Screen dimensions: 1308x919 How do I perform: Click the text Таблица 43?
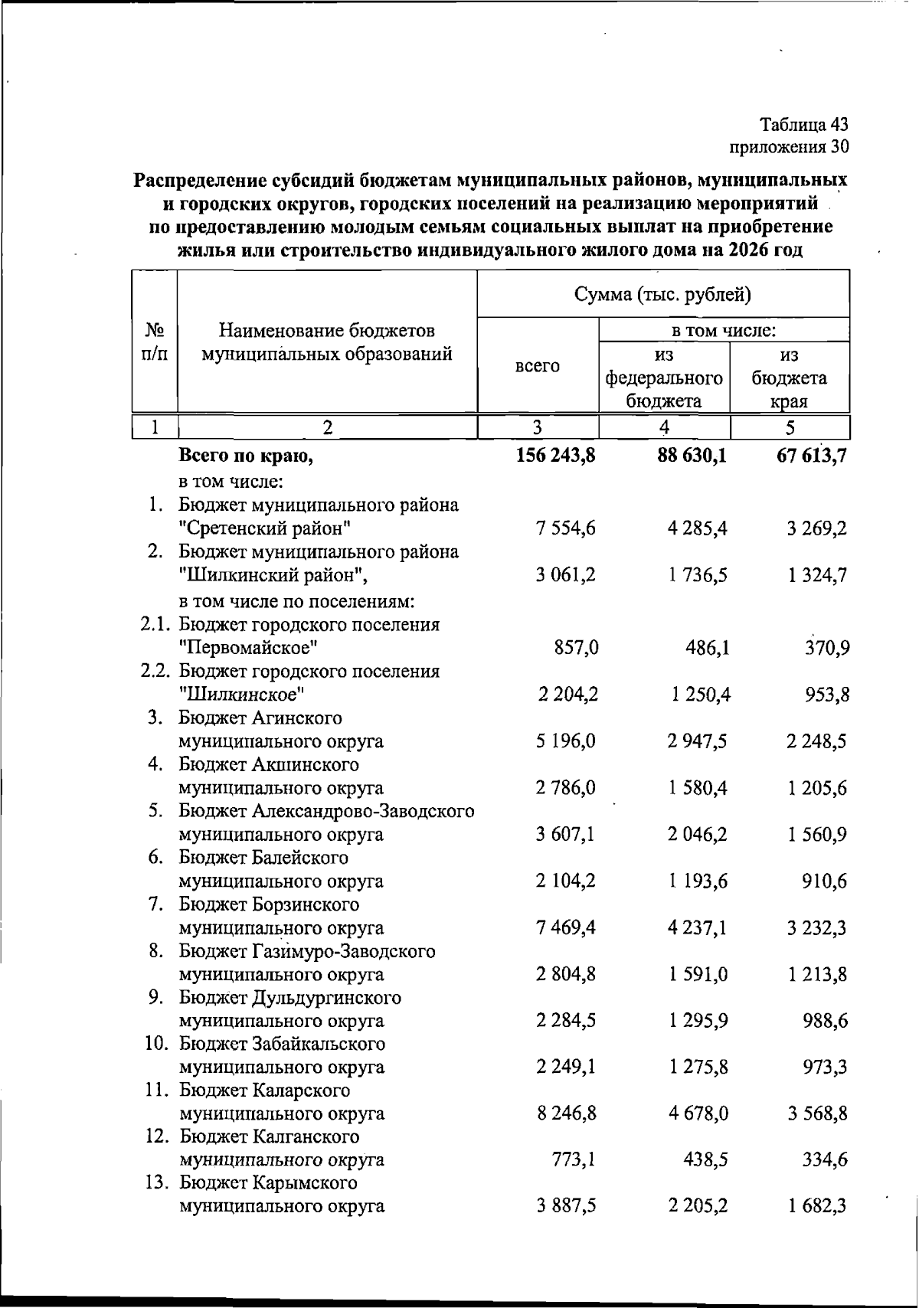tap(804, 124)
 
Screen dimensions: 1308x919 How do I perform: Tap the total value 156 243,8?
tap(545, 456)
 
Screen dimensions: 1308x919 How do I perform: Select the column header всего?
tap(537, 366)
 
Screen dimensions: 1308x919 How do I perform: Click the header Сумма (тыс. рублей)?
tap(662, 295)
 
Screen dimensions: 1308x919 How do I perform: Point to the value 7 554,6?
tap(567, 528)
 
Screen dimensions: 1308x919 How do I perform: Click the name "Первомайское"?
tap(248, 649)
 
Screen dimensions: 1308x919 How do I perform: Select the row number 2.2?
tap(157, 672)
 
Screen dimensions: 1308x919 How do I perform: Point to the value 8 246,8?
tap(567, 1113)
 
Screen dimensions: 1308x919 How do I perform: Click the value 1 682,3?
tap(817, 1207)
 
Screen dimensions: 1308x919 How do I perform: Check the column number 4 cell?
tap(664, 427)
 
